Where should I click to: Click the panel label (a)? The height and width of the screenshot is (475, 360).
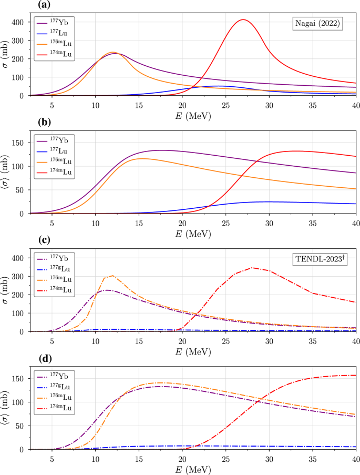click(x=46, y=5)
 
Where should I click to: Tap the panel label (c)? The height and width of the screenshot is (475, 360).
click(x=46, y=240)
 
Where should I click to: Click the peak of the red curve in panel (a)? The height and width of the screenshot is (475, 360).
click(x=243, y=20)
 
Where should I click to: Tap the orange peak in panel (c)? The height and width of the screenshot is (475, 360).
click(x=112, y=276)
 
